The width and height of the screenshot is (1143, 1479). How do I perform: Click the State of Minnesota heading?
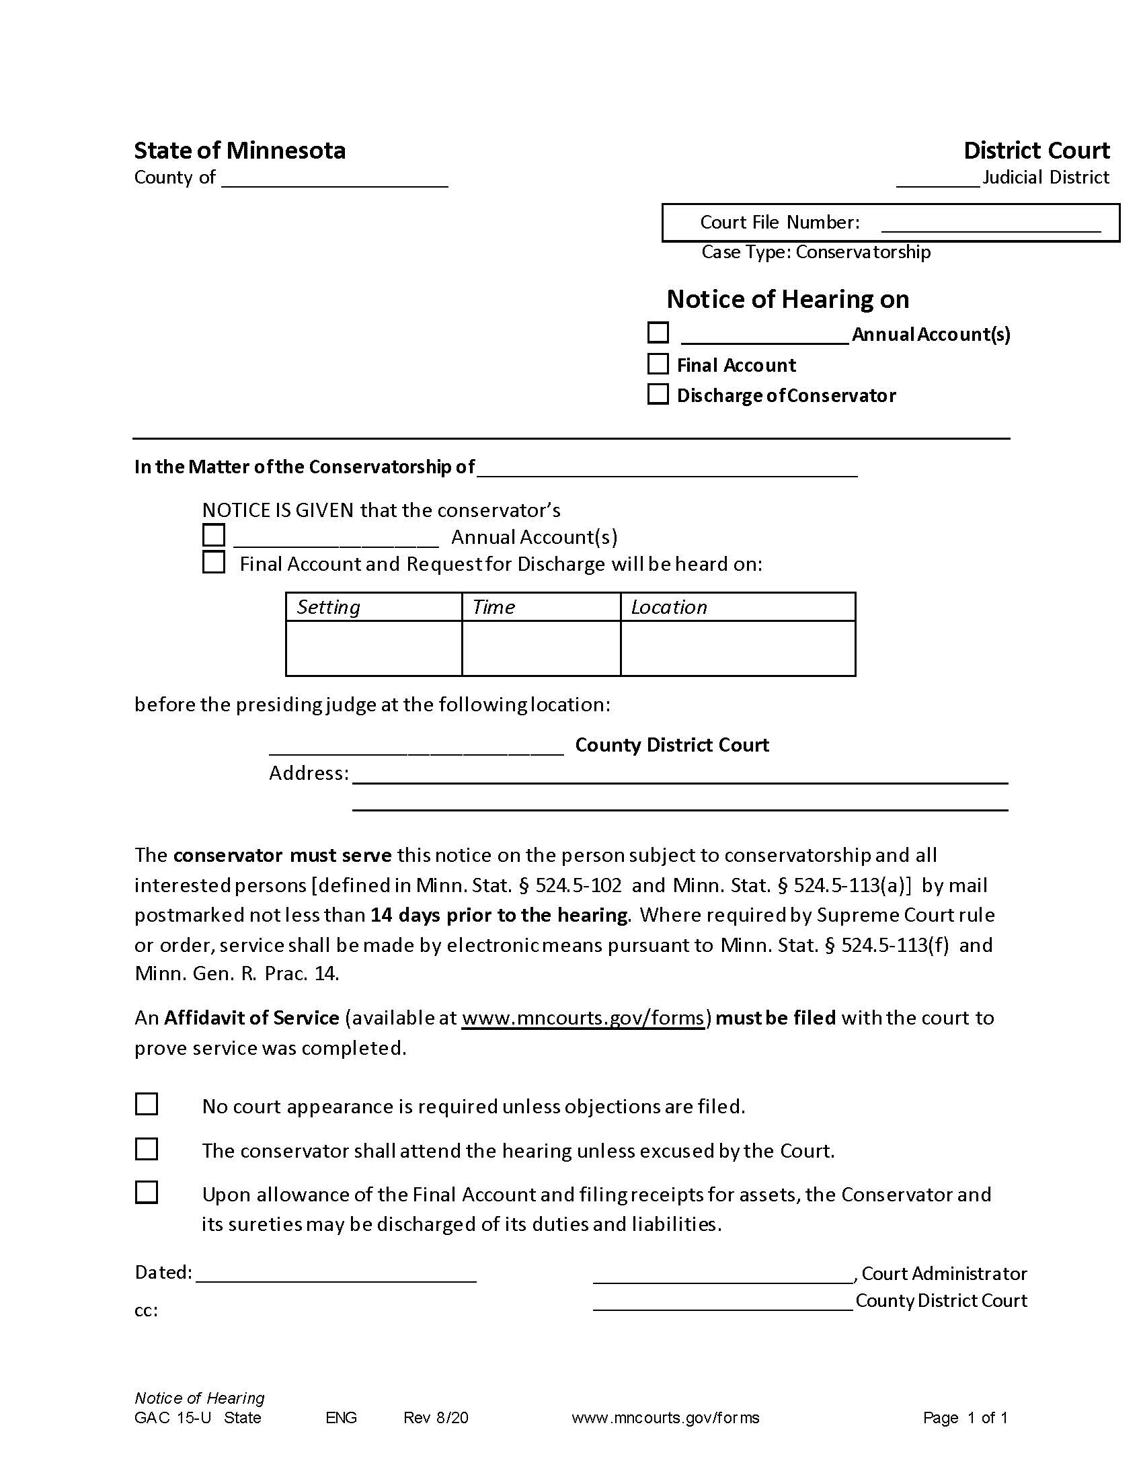tap(240, 151)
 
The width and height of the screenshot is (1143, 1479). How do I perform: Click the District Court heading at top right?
tap(1036, 151)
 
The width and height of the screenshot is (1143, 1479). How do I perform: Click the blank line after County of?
tap(335, 179)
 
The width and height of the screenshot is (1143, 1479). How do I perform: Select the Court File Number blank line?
tap(990, 224)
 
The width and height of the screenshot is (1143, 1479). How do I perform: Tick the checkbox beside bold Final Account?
tap(658, 364)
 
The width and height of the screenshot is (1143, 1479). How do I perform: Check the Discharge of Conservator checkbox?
tap(658, 394)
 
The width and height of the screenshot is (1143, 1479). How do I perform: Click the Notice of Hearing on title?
tap(787, 299)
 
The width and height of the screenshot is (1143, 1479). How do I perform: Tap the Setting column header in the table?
tap(328, 607)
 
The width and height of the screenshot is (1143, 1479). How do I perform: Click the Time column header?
tap(494, 607)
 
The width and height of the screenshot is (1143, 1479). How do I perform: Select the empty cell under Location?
tap(738, 648)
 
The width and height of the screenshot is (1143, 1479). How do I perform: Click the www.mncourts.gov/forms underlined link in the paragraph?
tap(583, 1018)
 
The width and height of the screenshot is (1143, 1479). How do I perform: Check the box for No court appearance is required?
tap(147, 1105)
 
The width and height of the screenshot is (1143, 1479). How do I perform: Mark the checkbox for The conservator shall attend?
tap(147, 1149)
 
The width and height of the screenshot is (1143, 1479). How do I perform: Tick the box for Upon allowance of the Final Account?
tap(147, 1193)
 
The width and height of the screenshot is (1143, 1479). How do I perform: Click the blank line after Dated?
tap(336, 1274)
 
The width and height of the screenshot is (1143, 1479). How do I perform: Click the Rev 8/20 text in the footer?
tap(436, 1418)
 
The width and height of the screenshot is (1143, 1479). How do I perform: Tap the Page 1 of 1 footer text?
tap(965, 1418)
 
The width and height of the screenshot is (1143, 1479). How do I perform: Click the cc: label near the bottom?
tap(147, 1310)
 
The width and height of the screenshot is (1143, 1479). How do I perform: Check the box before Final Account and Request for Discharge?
tap(214, 563)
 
